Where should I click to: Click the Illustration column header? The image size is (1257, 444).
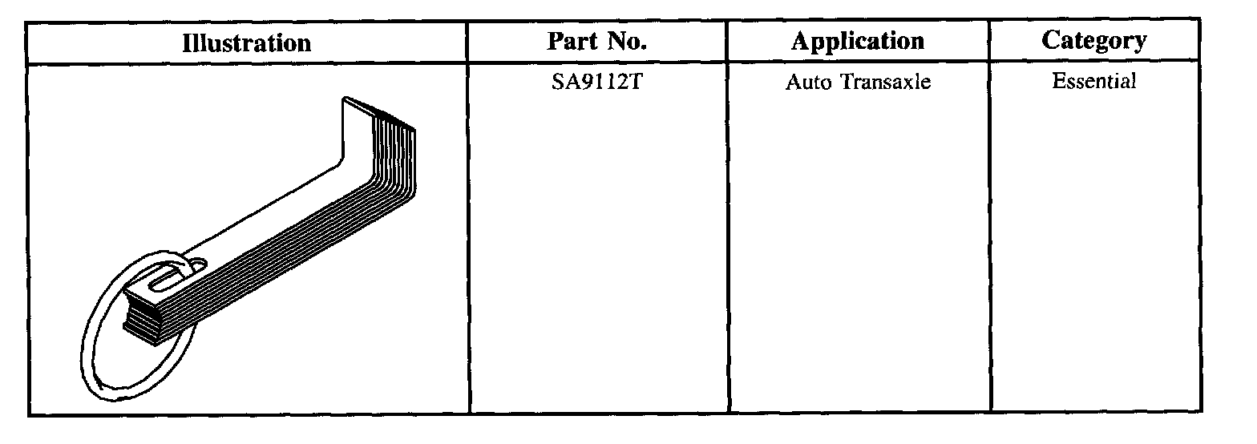coord(247,42)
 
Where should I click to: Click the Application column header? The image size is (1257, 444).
coord(857,41)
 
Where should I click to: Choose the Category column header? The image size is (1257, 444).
coord(1093,41)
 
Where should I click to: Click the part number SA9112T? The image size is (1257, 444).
coord(596,82)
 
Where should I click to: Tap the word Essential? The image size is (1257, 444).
coord(1094,81)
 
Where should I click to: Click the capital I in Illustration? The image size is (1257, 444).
coord(186,42)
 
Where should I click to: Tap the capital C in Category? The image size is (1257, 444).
coord(1049,41)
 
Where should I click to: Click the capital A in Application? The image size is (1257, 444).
coord(799,41)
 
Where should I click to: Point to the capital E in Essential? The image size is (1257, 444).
coord(1057,81)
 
